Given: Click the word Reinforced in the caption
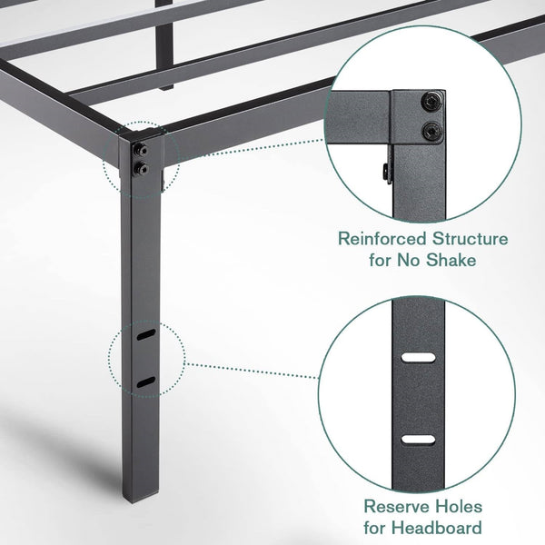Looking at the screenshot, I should tap(374, 240).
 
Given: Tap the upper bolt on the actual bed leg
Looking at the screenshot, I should tap(143, 148).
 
